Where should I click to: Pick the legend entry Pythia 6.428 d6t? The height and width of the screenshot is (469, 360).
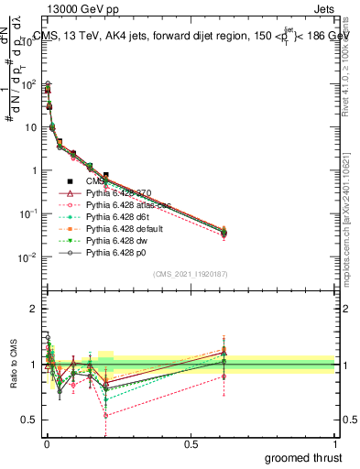[x=120, y=222]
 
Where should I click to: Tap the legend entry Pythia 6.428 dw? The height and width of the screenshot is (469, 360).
[x=120, y=249]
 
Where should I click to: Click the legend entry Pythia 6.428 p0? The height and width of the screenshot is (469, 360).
[x=119, y=263]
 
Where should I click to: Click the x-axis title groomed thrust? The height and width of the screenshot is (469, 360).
[x=305, y=455]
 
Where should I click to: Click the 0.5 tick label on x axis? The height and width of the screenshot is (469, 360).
[x=190, y=440]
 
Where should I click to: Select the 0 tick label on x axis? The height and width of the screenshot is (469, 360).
[x=45, y=440]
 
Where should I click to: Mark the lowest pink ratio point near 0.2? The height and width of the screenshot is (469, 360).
[x=105, y=415]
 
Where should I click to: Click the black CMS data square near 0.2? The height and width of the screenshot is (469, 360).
[x=105, y=175]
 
